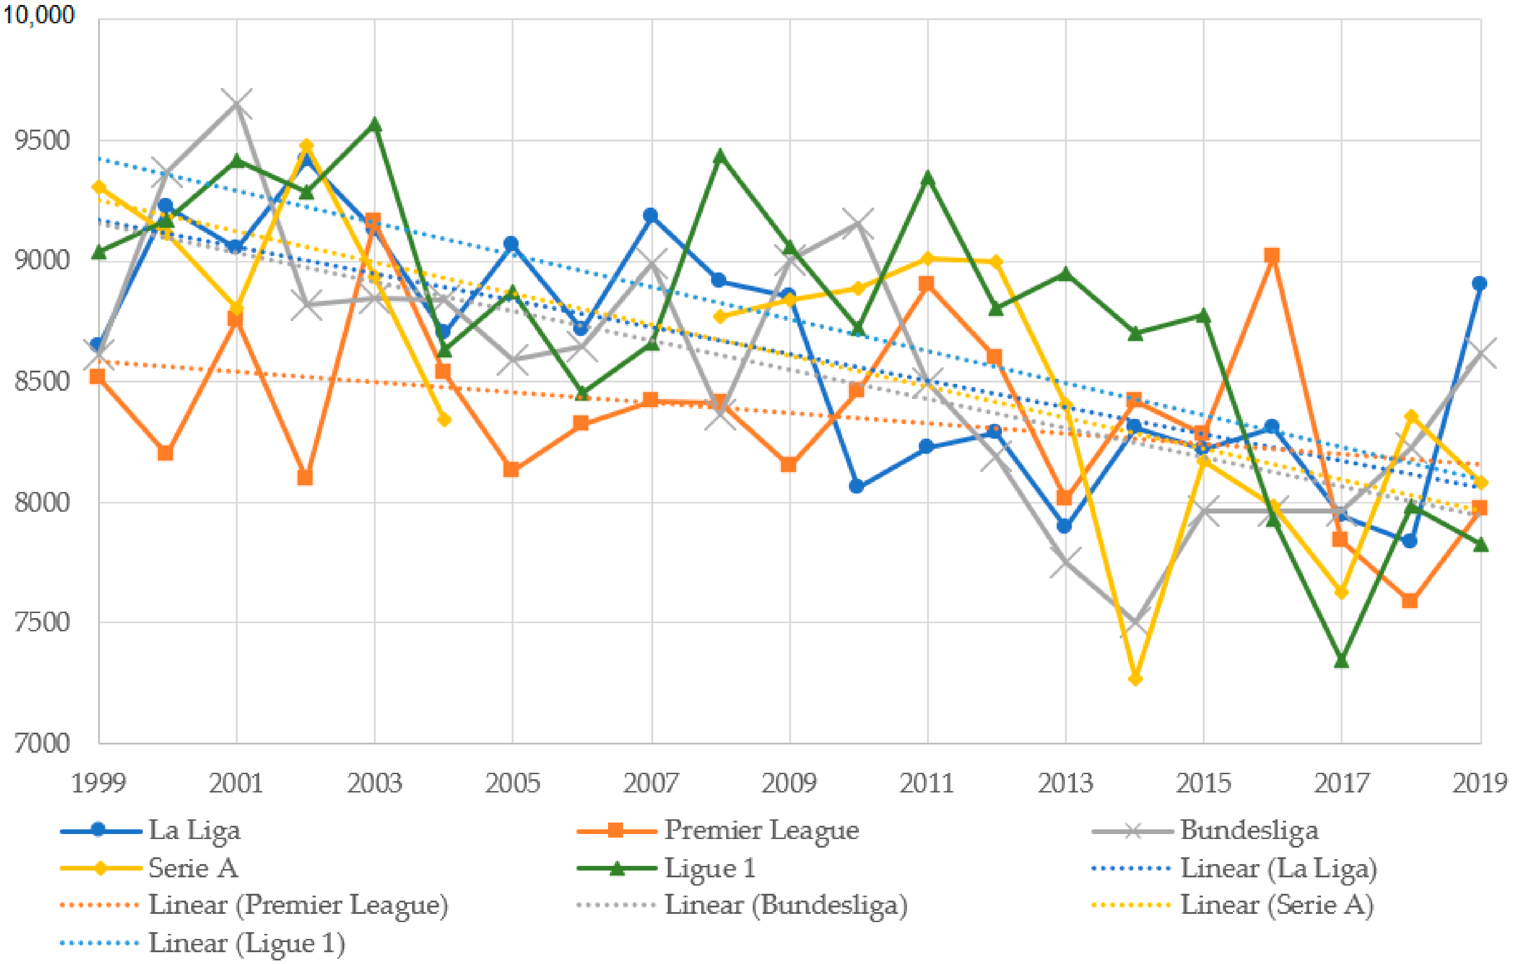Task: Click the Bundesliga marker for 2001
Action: (236, 104)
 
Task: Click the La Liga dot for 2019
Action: (1479, 284)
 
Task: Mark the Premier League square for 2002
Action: (305, 478)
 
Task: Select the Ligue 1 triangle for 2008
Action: (720, 156)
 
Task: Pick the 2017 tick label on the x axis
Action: (1341, 783)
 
